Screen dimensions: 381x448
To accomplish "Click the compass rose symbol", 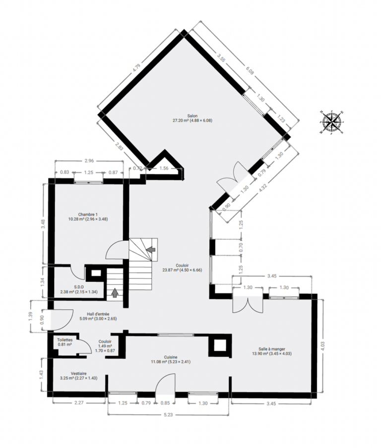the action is tap(331, 122).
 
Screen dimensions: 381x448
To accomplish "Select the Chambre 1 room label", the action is tap(88, 217).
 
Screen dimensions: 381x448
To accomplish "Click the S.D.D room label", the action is tap(79, 289).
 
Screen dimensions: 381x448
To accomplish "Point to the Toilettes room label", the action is tap(64, 342).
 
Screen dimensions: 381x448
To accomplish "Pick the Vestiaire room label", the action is tap(79, 376).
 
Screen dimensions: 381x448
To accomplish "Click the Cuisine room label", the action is tap(171, 359).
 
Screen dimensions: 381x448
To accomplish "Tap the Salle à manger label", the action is tap(272, 351).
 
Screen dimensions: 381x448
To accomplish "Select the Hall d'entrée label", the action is tap(98, 316).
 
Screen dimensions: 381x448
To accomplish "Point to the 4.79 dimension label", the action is tap(137, 68).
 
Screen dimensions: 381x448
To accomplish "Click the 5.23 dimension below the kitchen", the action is tap(169, 415).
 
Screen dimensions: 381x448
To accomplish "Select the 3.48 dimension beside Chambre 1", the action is tap(43, 224).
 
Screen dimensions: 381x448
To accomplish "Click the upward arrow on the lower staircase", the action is tap(115, 293).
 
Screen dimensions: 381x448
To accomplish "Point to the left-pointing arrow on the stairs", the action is tap(151, 249).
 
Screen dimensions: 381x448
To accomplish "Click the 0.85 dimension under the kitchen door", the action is tap(165, 403).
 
